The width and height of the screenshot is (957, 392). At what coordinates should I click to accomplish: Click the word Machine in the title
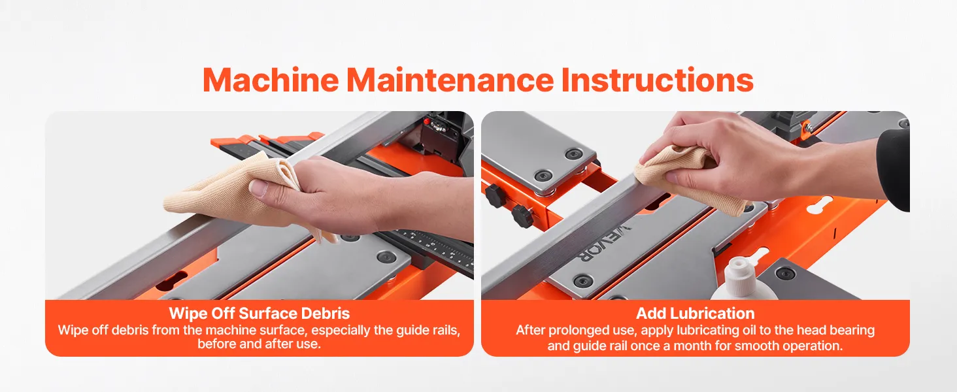271,80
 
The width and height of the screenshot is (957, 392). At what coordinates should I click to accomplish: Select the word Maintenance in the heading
450,80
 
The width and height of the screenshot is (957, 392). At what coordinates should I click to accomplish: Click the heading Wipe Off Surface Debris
260,314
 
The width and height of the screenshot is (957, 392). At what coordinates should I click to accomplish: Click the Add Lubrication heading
695,314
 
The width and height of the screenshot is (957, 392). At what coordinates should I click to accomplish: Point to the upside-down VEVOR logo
603,242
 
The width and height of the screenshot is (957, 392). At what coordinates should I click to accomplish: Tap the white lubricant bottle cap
738,272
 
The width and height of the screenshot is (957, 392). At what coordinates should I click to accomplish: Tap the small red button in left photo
426,122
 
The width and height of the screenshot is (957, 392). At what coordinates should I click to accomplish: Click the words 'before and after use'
259,344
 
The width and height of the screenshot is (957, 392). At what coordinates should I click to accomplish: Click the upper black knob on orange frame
495,195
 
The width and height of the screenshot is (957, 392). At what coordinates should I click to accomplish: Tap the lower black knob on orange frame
523,215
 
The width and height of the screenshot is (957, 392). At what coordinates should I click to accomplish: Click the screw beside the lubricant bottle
785,272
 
